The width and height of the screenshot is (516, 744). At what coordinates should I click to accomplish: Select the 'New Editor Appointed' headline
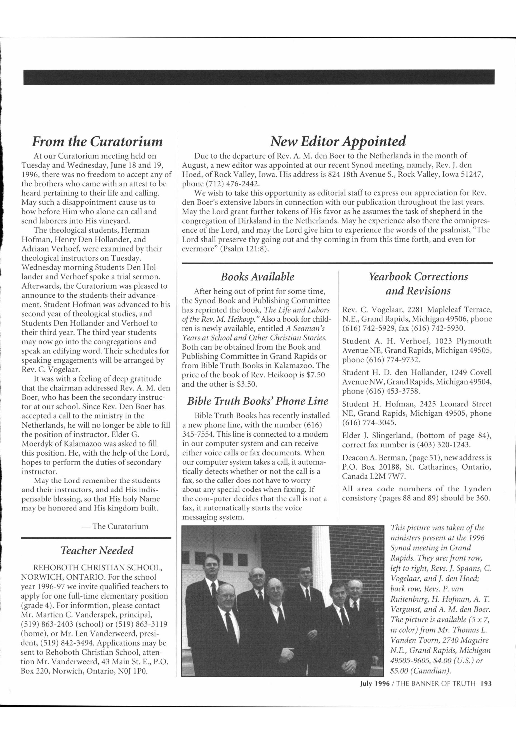point(337,141)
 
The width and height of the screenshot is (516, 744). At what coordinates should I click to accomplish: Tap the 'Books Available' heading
point(257,277)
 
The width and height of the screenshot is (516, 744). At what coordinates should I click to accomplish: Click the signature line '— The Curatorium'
point(116,526)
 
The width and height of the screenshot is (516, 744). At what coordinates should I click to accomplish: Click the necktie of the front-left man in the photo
point(228,618)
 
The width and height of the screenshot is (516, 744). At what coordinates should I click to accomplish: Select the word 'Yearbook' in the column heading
point(390,277)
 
